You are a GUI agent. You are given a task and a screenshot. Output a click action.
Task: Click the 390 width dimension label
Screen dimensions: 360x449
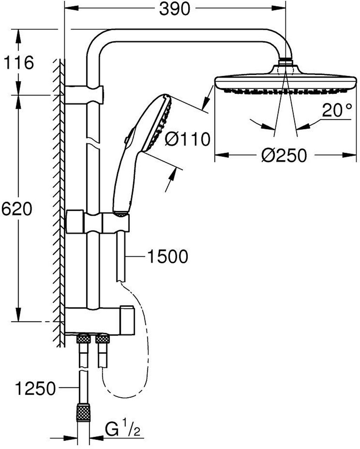click(x=175, y=9)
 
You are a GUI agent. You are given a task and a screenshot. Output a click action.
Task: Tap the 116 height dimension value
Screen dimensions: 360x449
click(x=19, y=62)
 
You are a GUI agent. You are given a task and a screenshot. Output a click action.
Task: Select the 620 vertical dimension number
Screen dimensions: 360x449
click(x=17, y=209)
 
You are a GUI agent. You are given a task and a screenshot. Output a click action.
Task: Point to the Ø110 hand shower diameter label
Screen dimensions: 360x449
click(x=187, y=139)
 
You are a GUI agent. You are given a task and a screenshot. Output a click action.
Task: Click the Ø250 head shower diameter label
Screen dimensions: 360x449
click(x=284, y=155)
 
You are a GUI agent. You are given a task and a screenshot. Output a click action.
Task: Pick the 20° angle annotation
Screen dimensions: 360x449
click(x=337, y=110)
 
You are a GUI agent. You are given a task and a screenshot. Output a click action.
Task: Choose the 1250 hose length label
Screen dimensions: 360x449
click(x=36, y=389)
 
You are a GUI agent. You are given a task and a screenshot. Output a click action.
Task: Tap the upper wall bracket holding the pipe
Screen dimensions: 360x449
click(x=84, y=95)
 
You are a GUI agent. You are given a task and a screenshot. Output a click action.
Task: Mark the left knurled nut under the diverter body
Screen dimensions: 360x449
click(x=84, y=339)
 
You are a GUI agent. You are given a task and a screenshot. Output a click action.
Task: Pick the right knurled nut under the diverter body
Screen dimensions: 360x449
click(x=102, y=339)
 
